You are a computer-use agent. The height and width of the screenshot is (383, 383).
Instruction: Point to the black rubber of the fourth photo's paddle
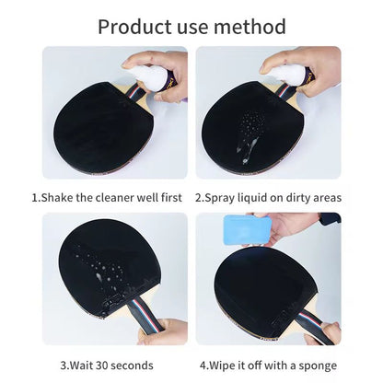pos(249,276)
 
